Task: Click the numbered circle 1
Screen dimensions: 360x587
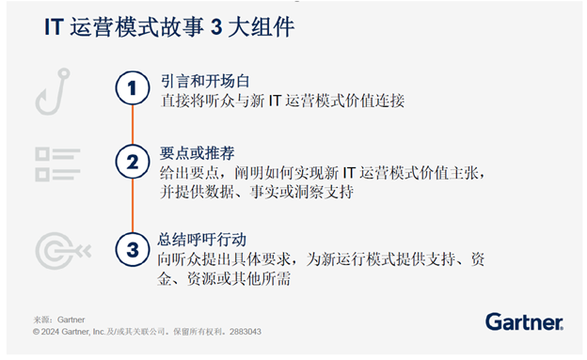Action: (x=133, y=88)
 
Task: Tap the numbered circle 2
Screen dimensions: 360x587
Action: (x=133, y=162)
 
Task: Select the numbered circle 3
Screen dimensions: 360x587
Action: (x=133, y=249)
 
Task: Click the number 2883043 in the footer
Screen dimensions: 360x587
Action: (x=240, y=331)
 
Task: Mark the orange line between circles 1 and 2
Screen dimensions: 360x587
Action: (x=133, y=125)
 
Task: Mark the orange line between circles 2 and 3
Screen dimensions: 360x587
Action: (x=133, y=206)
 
